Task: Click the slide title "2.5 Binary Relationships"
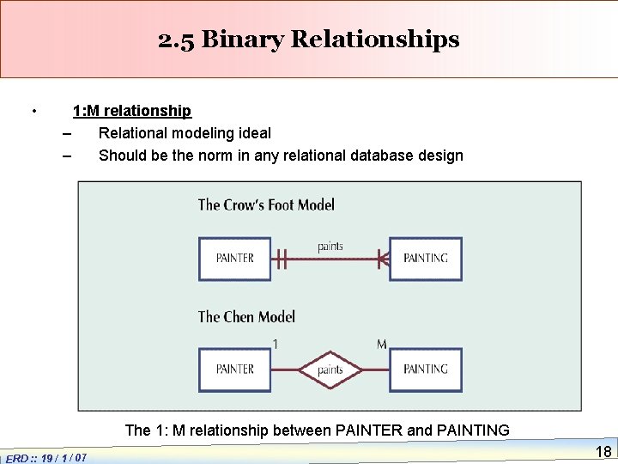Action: point(309,40)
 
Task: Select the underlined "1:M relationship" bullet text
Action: point(132,111)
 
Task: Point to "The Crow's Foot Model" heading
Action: point(266,205)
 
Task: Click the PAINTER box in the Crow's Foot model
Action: point(235,258)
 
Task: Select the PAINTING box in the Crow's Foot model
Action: point(425,258)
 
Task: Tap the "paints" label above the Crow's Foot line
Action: point(330,247)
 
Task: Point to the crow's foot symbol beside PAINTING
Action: point(383,258)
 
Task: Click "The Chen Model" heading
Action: point(246,317)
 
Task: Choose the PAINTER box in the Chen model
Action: point(235,369)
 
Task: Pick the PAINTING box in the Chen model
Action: point(425,369)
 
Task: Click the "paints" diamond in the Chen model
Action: point(330,370)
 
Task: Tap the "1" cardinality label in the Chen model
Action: point(275,345)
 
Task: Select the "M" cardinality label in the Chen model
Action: point(381,345)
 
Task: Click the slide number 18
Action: point(603,452)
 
